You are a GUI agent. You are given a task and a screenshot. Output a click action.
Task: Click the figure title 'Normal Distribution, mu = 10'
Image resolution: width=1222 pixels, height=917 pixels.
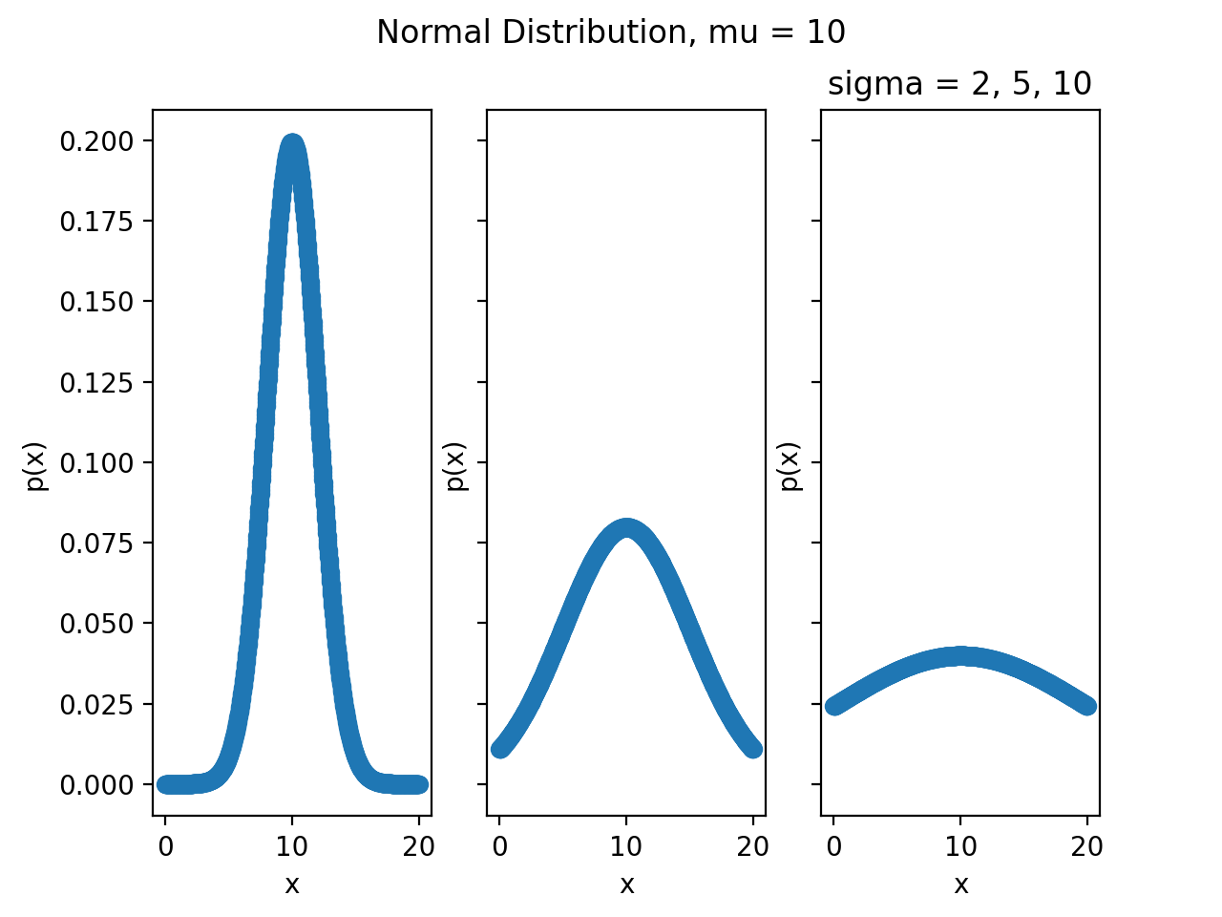pyautogui.click(x=611, y=32)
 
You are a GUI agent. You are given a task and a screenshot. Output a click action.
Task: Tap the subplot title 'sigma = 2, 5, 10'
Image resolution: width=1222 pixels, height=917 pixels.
pyautogui.click(x=959, y=84)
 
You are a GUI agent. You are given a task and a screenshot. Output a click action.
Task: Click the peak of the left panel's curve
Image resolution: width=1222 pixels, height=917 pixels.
pyautogui.click(x=292, y=142)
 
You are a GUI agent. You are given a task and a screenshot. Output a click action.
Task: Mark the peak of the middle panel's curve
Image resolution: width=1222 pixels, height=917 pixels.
pyautogui.click(x=626, y=527)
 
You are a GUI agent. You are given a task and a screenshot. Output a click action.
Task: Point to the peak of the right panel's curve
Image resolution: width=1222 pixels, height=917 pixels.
pyautogui.click(x=960, y=656)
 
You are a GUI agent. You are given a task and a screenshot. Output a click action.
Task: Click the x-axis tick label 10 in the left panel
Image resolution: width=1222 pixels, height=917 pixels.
pyautogui.click(x=292, y=846)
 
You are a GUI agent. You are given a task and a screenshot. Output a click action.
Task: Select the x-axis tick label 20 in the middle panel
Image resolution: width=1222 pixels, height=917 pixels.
pyautogui.click(x=753, y=846)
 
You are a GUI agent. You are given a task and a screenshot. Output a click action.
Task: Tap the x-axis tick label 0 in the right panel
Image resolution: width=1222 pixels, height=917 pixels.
pyautogui.click(x=833, y=846)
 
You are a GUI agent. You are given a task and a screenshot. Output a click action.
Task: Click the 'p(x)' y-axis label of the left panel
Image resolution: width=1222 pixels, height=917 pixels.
pyautogui.click(x=36, y=466)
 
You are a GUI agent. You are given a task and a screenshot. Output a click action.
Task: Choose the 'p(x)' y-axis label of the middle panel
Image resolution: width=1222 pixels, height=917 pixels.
pyautogui.click(x=455, y=466)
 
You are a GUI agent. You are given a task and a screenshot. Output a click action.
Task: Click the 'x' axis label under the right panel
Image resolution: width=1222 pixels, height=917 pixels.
pyautogui.click(x=960, y=885)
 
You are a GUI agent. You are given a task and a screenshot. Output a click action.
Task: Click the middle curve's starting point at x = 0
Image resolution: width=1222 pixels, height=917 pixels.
pyautogui.click(x=499, y=749)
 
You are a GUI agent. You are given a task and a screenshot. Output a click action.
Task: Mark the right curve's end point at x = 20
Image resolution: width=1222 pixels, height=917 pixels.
pyautogui.click(x=1087, y=706)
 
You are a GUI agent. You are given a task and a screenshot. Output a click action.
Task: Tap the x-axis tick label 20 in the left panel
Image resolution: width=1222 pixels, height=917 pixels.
pyautogui.click(x=419, y=846)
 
